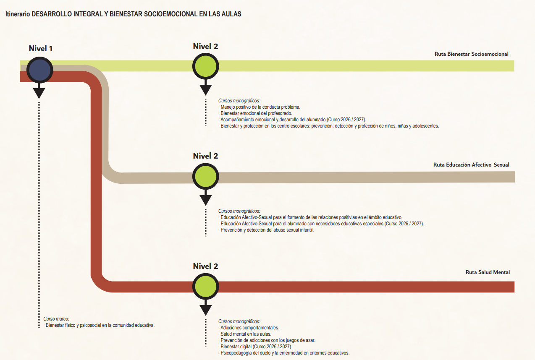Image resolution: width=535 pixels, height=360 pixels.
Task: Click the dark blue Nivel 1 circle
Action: [39, 70]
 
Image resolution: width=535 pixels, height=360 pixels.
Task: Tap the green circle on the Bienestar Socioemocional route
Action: [205, 66]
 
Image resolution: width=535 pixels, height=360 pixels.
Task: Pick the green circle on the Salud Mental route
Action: [205, 286]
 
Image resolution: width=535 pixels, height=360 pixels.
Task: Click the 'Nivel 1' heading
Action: [41, 48]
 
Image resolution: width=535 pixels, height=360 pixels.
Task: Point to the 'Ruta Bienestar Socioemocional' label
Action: [471, 54]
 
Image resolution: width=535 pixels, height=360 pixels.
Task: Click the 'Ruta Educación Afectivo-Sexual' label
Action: [471, 165]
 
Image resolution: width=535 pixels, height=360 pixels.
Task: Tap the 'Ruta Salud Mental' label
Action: [488, 272]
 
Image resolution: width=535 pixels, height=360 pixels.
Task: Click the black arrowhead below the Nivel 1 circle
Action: [39, 92]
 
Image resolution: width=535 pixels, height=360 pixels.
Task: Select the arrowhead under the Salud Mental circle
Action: [205, 310]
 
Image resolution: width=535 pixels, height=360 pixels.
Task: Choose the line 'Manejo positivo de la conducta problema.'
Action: [260, 107]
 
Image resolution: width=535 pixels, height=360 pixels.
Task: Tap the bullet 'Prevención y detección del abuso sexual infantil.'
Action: [267, 230]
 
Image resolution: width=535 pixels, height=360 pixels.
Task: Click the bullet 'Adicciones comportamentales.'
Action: [249, 328]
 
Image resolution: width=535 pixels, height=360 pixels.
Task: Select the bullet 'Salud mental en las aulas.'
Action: [246, 334]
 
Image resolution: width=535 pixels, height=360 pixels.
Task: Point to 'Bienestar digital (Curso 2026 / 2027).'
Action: [256, 347]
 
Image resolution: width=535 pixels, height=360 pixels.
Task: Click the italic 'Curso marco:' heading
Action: [56, 319]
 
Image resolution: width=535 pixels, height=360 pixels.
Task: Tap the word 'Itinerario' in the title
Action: [17, 14]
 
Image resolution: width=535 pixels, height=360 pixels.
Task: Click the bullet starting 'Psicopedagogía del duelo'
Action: [284, 353]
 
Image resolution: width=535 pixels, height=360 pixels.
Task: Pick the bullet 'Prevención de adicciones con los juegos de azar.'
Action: [267, 340]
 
